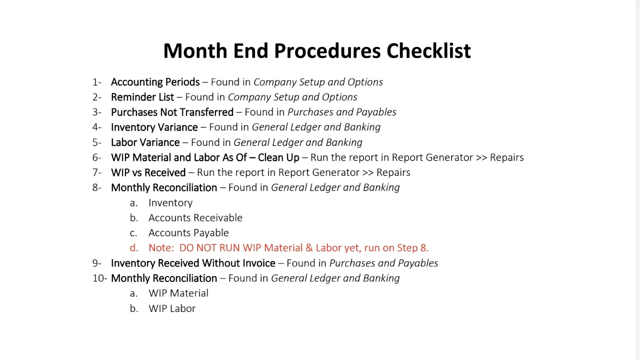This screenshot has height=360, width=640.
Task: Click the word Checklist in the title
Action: [x=428, y=51]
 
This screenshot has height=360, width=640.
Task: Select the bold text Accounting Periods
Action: [x=155, y=82]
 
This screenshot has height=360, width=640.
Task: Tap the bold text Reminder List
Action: [x=142, y=97]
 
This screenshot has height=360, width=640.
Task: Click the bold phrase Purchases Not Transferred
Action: [x=172, y=112]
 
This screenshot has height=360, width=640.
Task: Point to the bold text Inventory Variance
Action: [x=154, y=127]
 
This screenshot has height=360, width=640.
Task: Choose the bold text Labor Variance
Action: [x=145, y=142]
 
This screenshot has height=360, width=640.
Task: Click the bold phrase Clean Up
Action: [x=278, y=157]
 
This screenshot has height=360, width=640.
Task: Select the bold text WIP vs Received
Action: [x=148, y=172]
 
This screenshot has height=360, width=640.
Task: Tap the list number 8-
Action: [x=96, y=187]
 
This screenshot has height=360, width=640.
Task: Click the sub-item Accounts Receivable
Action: [x=195, y=217]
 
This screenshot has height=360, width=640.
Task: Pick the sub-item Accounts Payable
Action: [x=188, y=232]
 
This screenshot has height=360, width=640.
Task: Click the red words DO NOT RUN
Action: [x=209, y=248]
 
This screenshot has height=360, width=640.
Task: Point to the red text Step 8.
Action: [x=412, y=248]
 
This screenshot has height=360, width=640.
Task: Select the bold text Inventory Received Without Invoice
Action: [x=193, y=263]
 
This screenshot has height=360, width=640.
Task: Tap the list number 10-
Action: [x=99, y=278]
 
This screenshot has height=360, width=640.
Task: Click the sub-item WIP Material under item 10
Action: [x=178, y=293]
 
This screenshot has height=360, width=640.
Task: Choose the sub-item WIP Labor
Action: [x=171, y=308]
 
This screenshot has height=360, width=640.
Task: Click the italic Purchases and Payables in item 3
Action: [x=341, y=112]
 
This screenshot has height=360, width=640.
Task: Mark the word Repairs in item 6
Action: [x=506, y=157]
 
